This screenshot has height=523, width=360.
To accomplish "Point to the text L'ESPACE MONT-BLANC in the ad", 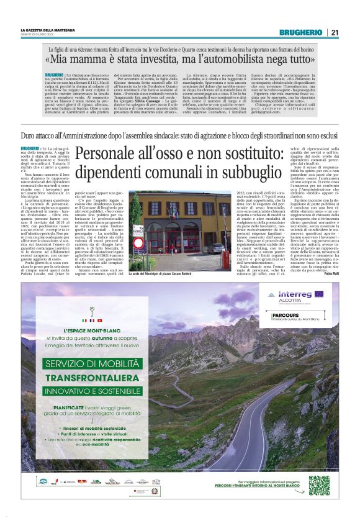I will click(x=92, y=333).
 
